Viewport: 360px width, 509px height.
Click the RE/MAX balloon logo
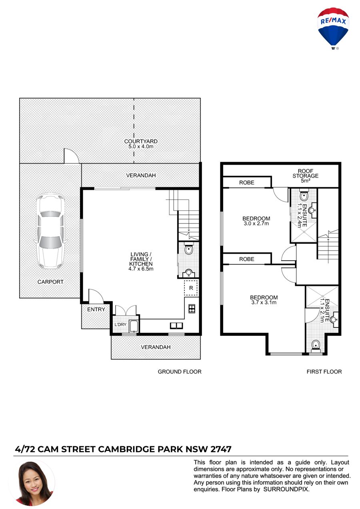(333, 28)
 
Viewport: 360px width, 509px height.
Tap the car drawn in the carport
(50, 232)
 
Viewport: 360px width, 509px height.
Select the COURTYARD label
(141, 141)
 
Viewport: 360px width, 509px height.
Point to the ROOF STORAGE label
(305, 173)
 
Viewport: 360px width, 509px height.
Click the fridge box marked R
(191, 288)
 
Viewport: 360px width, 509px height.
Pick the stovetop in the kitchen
(192, 309)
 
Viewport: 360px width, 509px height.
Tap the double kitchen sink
(176, 325)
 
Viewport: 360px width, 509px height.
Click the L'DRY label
(120, 325)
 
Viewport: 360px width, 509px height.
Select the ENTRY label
(96, 309)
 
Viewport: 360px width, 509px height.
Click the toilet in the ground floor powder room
(189, 249)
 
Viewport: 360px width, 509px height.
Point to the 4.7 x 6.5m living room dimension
(141, 269)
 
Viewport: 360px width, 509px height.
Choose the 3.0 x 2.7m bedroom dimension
(256, 224)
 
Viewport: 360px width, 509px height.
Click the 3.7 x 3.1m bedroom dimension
(264, 302)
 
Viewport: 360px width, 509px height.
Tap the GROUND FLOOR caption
(180, 371)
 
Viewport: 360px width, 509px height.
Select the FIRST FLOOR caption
(324, 371)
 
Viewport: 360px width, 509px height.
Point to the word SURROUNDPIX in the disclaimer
(286, 489)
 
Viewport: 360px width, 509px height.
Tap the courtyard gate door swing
(71, 156)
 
